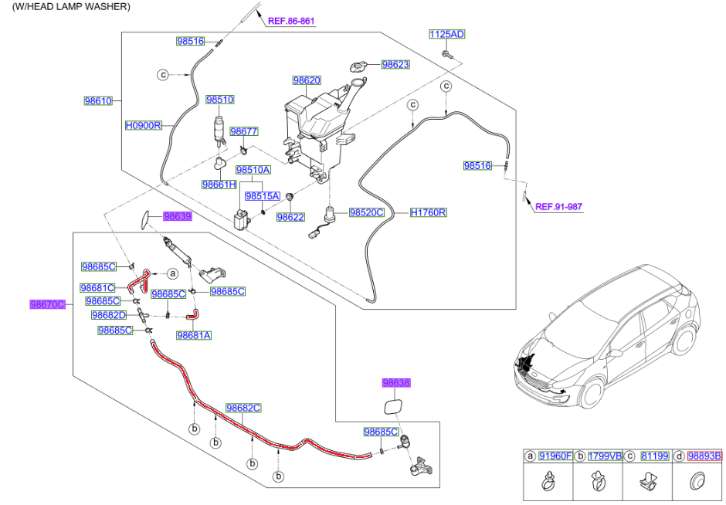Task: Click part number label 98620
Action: click(x=307, y=80)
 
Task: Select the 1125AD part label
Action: click(x=447, y=34)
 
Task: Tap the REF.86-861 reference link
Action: click(x=291, y=22)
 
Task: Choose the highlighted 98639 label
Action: click(x=177, y=217)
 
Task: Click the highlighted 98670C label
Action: click(x=48, y=304)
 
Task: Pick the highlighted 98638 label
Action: click(x=396, y=383)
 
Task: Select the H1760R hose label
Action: click(x=429, y=212)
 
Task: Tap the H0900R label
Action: click(x=144, y=124)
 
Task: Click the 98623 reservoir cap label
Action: click(x=395, y=65)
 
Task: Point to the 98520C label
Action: click(x=366, y=212)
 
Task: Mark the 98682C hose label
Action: click(x=243, y=408)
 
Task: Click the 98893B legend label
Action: click(x=704, y=456)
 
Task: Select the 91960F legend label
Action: click(x=555, y=456)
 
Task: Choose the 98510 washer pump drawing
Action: click(x=221, y=132)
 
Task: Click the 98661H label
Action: click(x=219, y=185)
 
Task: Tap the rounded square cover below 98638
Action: click(x=392, y=407)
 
